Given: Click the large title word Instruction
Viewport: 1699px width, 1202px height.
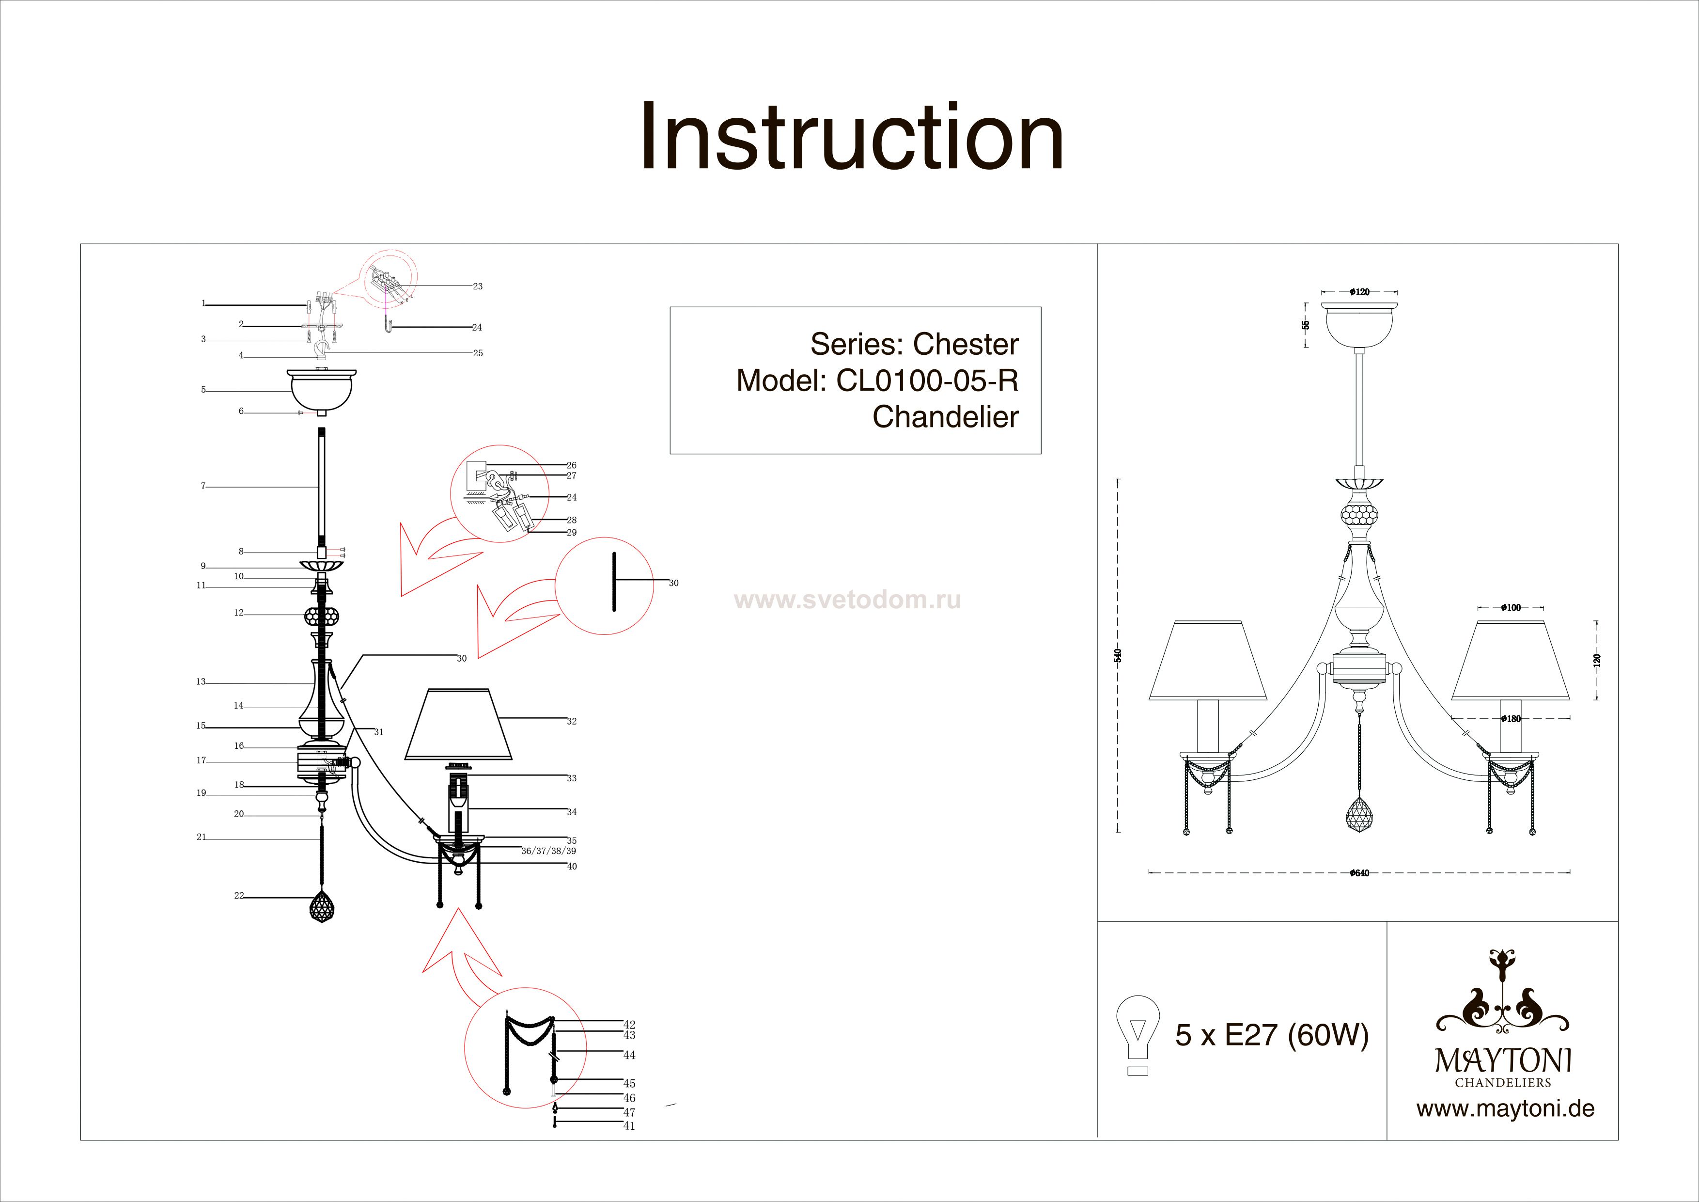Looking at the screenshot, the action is (852, 137).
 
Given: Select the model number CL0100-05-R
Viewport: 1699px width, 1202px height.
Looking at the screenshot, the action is (927, 380).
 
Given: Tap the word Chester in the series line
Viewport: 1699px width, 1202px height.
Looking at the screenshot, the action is (966, 344).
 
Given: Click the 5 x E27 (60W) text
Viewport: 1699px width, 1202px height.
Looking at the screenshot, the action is (1272, 1035).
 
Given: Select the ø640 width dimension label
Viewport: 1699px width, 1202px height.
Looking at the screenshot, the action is (1359, 872).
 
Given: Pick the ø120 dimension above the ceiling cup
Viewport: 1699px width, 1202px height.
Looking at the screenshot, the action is (1359, 292).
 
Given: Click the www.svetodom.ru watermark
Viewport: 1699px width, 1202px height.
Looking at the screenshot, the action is (847, 600).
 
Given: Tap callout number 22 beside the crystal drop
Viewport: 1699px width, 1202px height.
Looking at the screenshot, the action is (238, 896).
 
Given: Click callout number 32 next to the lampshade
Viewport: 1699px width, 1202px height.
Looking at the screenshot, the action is (571, 721).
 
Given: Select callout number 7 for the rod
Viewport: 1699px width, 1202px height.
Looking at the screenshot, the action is (203, 486).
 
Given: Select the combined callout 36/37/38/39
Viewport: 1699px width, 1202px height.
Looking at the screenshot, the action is (548, 851).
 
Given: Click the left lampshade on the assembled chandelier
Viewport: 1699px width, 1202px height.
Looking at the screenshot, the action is (1208, 661).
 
